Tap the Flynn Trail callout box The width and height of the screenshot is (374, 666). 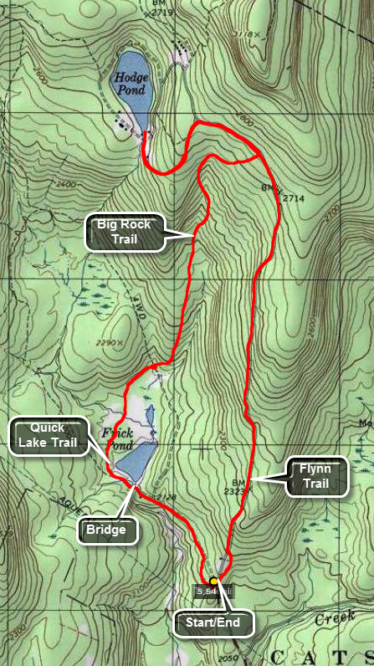315,477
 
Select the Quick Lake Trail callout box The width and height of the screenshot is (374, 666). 49,437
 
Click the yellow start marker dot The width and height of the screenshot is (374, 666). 214,581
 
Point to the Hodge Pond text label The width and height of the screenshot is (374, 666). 131,84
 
